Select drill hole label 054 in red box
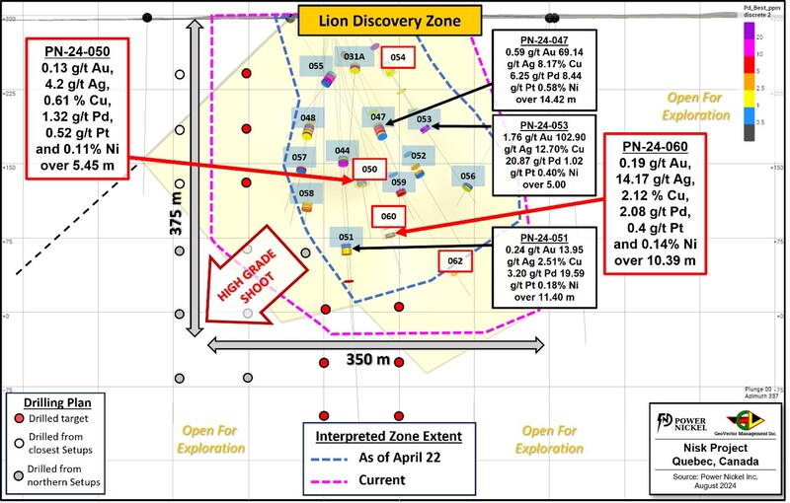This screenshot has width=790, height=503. click(x=397, y=58)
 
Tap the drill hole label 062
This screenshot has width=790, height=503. click(x=455, y=261)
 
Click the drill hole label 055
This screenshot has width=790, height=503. click(x=316, y=66)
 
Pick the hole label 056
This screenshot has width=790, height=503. click(x=467, y=176)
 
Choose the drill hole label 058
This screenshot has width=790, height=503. click(x=307, y=193)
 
